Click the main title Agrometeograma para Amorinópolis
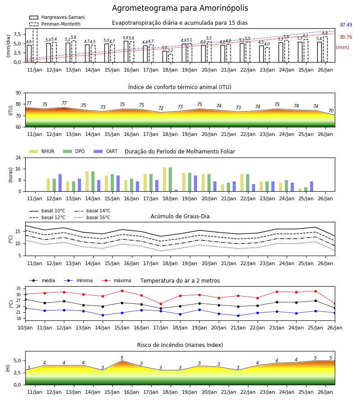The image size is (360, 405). [180, 8]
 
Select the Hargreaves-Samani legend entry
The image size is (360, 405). [57, 17]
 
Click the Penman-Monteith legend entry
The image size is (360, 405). [55, 24]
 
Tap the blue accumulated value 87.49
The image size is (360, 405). [346, 25]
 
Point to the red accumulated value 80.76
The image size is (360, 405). [346, 37]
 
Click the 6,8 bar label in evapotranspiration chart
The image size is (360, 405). [325, 33]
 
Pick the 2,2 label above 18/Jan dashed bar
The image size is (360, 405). [170, 50]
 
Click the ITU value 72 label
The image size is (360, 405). [161, 108]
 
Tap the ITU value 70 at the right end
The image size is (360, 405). [331, 111]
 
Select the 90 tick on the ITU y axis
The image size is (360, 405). [18, 93]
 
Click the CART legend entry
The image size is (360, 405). [105, 151]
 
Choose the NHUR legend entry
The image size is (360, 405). [42, 151]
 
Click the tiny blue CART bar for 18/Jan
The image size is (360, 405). [176, 191]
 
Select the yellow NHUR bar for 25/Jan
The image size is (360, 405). [300, 190]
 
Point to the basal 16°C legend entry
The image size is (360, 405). [92, 217]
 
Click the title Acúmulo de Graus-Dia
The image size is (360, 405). [180, 216]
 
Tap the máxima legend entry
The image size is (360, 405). [116, 280]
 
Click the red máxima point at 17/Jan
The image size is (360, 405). [161, 304]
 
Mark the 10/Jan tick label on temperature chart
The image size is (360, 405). [25, 328]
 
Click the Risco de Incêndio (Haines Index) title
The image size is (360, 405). [180, 345]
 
